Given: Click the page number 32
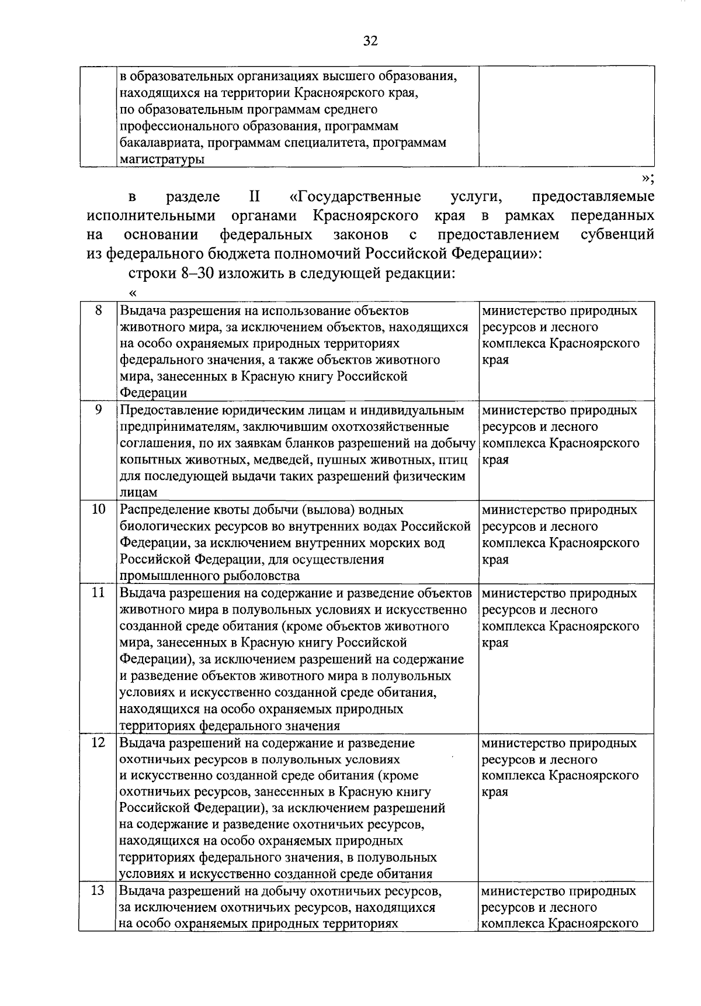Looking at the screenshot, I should point(370,40).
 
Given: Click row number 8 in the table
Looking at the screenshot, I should point(98,311).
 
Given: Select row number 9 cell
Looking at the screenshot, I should point(98,410).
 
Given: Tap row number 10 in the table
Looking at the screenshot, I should point(98,510).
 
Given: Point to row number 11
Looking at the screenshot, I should point(98,593).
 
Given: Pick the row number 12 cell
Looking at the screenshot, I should point(98,743).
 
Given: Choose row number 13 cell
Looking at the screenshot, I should point(98,891).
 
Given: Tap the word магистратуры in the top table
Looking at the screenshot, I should point(162,159).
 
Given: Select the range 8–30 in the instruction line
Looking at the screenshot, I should point(182,274).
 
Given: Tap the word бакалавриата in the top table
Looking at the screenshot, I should point(159,143).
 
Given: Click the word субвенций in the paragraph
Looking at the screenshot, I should point(617,235).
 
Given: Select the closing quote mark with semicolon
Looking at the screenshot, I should point(647,177).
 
